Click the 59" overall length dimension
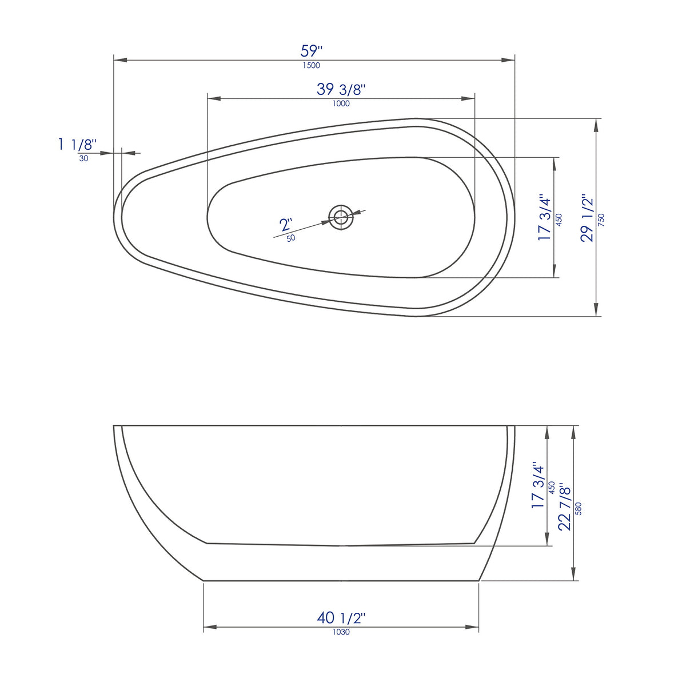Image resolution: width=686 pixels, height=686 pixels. (x=312, y=51)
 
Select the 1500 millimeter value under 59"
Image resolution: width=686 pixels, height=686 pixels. (x=312, y=65)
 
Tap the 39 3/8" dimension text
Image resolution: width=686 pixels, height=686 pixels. (x=341, y=89)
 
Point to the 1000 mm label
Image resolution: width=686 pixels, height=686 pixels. (x=341, y=103)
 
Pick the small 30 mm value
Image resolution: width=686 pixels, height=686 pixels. (x=83, y=158)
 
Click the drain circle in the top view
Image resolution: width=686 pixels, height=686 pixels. (x=341, y=217)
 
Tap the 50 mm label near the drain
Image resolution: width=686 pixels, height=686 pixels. (x=291, y=238)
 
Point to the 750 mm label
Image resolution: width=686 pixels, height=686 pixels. (x=601, y=220)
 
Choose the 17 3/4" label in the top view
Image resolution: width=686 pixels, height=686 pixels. (x=544, y=218)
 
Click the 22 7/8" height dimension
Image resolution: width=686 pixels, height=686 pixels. (x=564, y=507)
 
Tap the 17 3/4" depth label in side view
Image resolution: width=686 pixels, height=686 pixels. (x=538, y=485)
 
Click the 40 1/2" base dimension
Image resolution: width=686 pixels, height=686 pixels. (x=341, y=617)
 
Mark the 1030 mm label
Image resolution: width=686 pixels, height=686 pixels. (x=341, y=632)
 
